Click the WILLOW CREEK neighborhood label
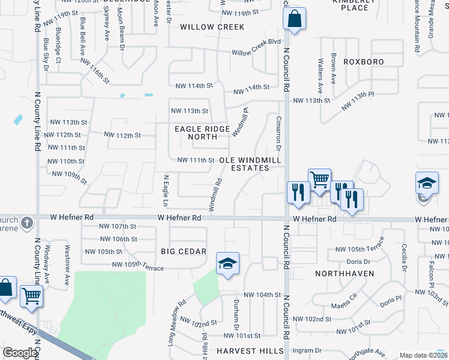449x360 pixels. click(x=212, y=27)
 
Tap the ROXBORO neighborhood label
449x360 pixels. click(x=363, y=62)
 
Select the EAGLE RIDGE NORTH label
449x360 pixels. click(x=202, y=133)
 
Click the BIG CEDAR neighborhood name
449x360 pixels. click(x=184, y=251)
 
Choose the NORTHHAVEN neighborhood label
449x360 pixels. click(x=345, y=273)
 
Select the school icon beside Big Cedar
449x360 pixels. click(x=228, y=263)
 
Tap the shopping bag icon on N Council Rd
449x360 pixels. click(x=294, y=19)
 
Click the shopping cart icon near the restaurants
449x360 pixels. click(x=319, y=179)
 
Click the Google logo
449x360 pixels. click(x=20, y=353)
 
